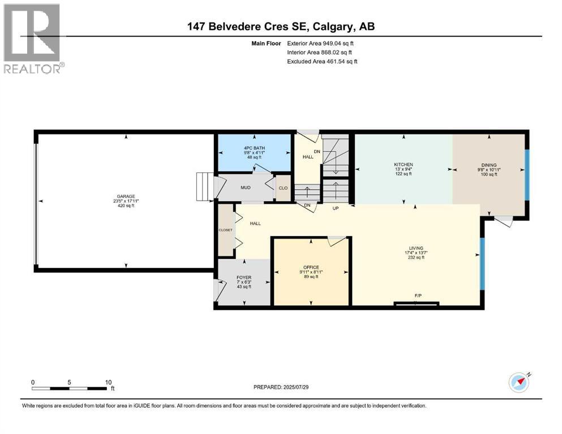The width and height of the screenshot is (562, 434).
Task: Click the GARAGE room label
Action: [126, 197]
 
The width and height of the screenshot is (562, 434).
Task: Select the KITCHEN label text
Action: [404, 164]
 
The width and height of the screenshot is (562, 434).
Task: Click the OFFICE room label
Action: [311, 267]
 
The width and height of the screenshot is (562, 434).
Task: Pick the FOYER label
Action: [243, 277]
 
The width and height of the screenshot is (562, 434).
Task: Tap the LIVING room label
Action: [416, 248]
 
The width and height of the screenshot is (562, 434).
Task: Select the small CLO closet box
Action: [282, 188]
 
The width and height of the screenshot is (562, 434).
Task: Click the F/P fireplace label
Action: [417, 296]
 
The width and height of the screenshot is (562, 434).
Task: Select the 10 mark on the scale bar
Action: [108, 382]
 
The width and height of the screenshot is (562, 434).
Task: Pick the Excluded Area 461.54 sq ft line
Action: [322, 61]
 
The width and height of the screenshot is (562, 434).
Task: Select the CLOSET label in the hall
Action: [226, 230]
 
